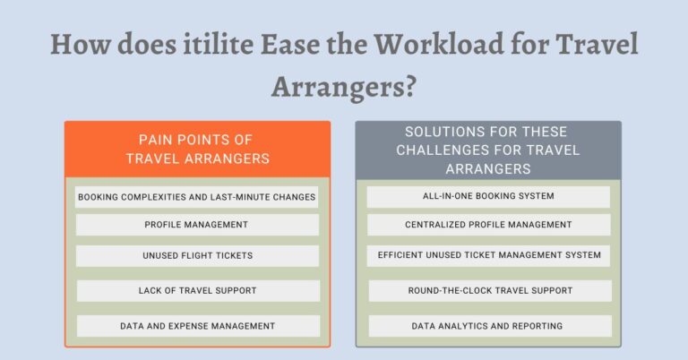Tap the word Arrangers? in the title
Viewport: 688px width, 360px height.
(343, 86)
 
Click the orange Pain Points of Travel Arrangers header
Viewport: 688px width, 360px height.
(197, 150)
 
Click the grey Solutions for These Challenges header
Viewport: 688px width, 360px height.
(488, 150)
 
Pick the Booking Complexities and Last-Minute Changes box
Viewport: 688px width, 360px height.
(197, 197)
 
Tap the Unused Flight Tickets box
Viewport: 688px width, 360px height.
(197, 255)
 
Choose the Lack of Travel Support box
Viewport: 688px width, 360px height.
(197, 290)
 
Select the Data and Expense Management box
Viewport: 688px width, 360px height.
(197, 326)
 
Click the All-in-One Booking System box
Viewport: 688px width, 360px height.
(488, 196)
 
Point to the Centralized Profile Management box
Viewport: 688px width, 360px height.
(488, 225)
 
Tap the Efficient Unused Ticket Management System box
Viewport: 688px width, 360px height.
(488, 255)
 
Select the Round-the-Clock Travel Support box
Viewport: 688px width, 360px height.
(488, 290)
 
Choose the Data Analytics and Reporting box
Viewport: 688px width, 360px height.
(488, 326)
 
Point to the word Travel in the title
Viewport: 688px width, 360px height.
(598, 44)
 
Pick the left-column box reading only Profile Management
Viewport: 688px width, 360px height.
(197, 225)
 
